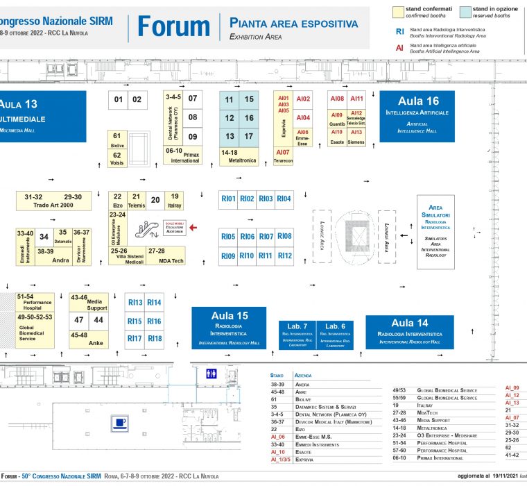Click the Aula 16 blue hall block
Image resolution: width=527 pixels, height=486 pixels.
tap(417, 115)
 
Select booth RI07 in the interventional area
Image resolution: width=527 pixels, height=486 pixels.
tap(266, 236)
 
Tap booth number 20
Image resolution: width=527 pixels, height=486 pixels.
tap(155, 201)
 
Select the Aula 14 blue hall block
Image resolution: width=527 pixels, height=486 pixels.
tap(410, 331)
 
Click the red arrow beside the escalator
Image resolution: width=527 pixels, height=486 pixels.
tap(193, 227)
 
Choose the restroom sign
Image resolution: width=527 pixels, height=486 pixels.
tap(211, 374)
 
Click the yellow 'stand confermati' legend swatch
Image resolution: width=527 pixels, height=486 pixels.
tap(398, 12)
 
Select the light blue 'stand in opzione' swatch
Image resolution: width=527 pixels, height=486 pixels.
tap(465, 12)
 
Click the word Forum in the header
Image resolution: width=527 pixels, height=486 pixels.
tap(173, 26)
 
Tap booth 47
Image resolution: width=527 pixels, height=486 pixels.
tap(79, 320)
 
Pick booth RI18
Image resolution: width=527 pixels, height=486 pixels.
tap(154, 339)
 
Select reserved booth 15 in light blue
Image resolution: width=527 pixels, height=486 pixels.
tap(249, 99)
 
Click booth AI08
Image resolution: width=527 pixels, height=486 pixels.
tap(337, 99)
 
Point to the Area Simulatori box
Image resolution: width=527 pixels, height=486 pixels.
tap(435, 232)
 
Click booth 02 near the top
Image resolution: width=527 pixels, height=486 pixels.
tap(137, 99)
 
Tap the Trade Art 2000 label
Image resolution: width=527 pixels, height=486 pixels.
tap(53, 206)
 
